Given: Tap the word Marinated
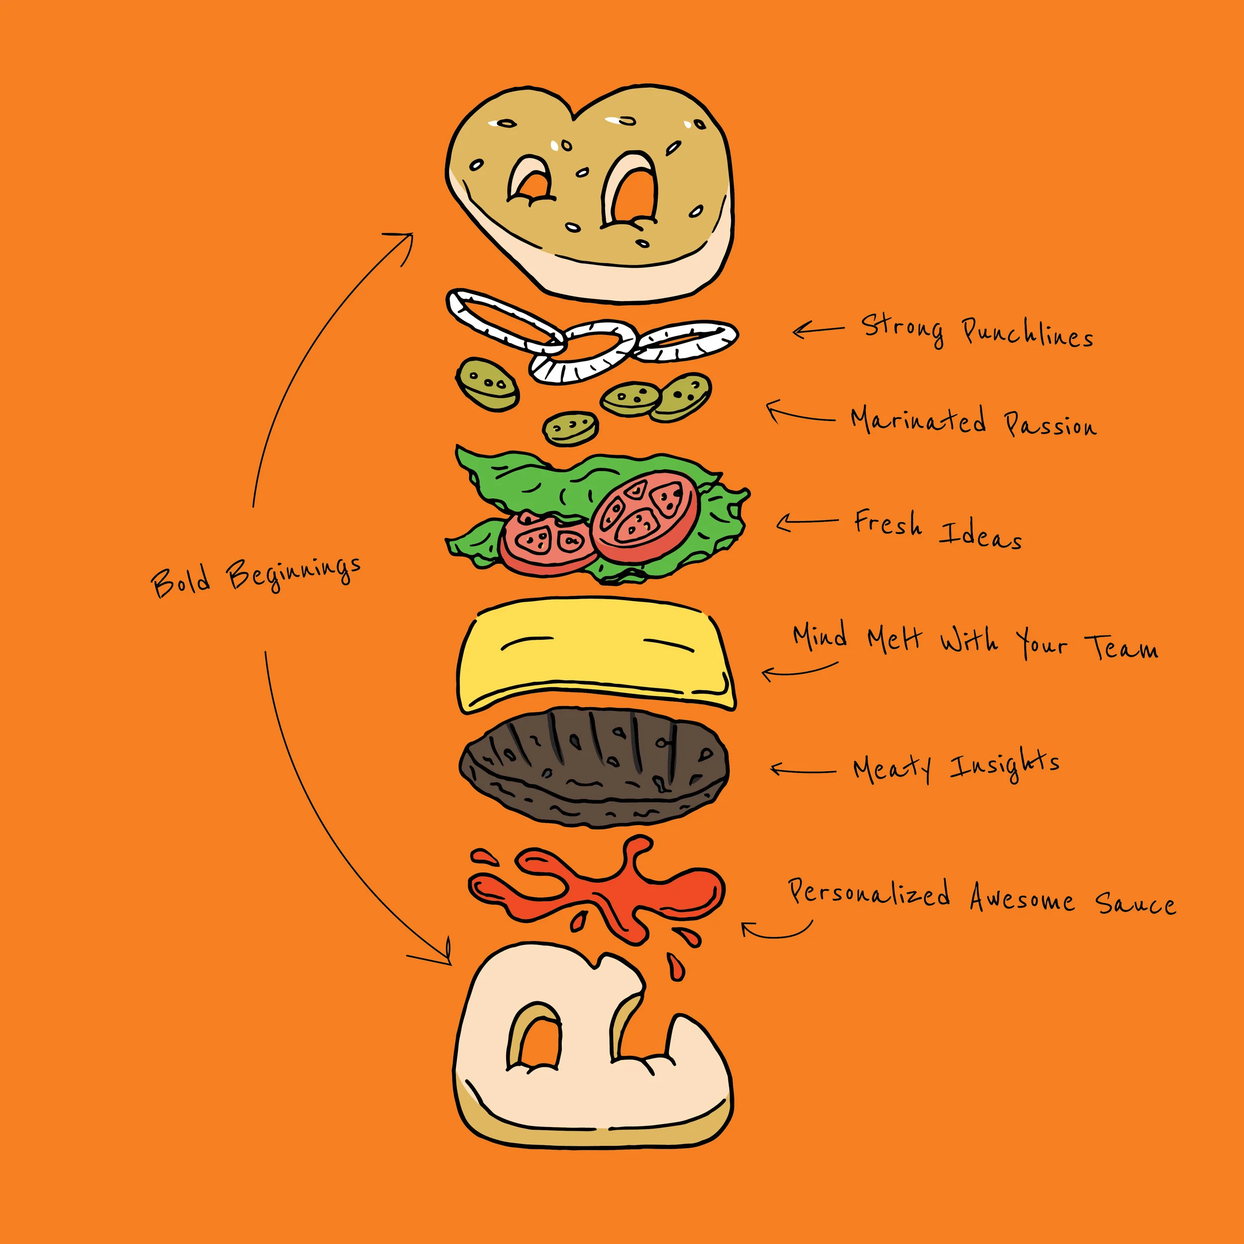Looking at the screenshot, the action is (918, 420).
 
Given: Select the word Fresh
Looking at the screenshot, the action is (887, 522).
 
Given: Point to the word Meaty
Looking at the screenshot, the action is (892, 768).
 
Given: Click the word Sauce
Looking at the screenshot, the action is (1135, 903).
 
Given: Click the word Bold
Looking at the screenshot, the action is (181, 581).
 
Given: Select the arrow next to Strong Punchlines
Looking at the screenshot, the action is (818, 330).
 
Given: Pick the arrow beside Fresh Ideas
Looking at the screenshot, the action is (806, 521).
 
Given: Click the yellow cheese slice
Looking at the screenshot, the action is (595, 653).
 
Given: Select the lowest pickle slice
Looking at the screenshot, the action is (570, 427).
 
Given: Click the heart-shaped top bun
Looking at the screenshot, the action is (589, 193).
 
